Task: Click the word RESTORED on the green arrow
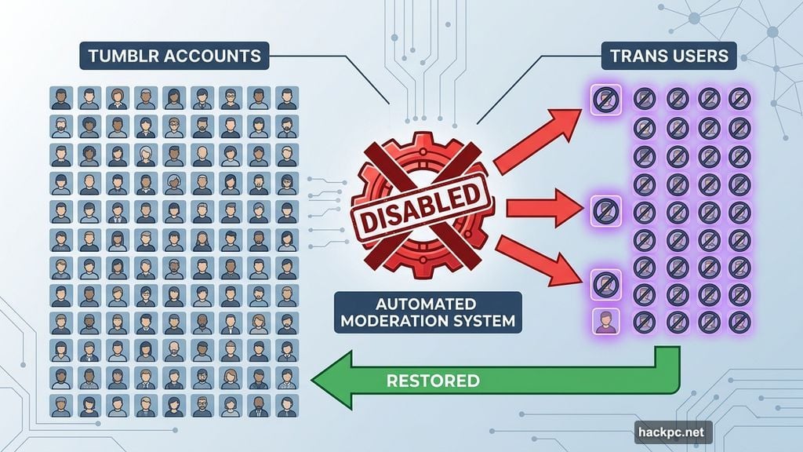pyautogui.click(x=433, y=381)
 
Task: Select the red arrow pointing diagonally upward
pyautogui.click(x=541, y=135)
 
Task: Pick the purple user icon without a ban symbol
pyautogui.click(x=607, y=321)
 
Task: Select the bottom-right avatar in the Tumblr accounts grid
pyautogui.click(x=287, y=406)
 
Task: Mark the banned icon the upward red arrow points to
pyautogui.click(x=609, y=98)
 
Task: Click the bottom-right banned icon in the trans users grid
pyautogui.click(x=739, y=320)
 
